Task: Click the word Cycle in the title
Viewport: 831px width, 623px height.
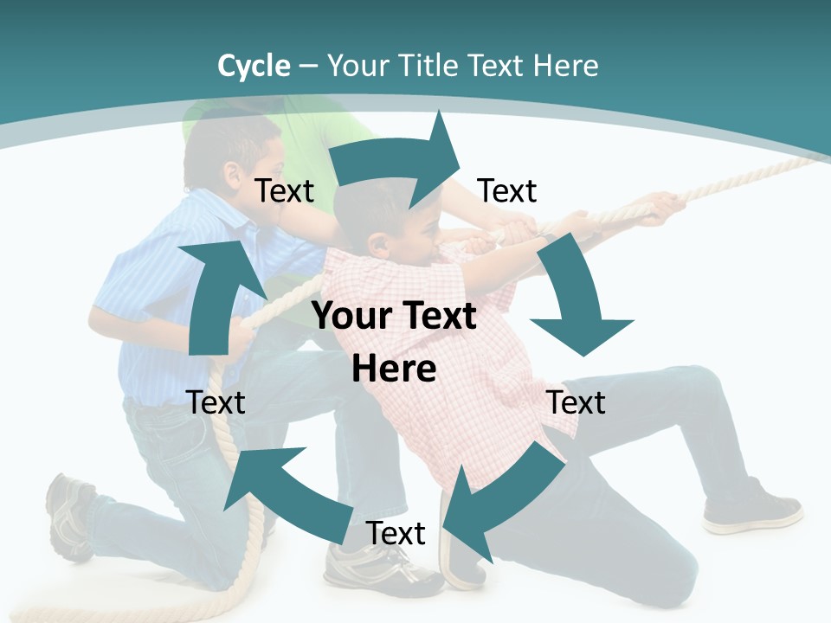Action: [254, 66]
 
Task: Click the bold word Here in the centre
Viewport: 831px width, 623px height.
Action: [394, 369]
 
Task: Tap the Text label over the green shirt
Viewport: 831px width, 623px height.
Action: [284, 190]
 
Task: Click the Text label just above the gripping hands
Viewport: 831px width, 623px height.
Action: [507, 190]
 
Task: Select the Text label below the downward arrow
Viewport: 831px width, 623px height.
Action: [577, 402]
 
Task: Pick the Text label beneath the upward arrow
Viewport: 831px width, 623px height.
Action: [216, 402]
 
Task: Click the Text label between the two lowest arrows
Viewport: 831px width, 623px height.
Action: [396, 533]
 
